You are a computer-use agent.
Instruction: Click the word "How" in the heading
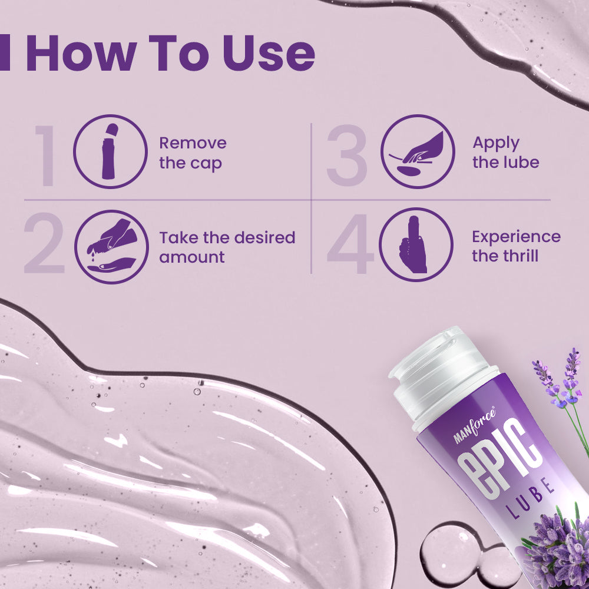pos(81,53)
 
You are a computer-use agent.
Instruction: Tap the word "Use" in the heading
pos(269,53)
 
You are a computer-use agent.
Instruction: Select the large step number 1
pos(46,155)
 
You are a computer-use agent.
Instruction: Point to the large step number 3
pos(346,155)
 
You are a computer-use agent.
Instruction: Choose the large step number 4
pos(350,244)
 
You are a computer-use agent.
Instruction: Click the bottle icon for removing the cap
pos(111,151)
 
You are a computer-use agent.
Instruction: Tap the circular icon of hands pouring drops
pos(111,247)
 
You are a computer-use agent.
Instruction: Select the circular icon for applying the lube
pos(418,151)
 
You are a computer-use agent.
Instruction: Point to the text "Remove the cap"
pos(193,153)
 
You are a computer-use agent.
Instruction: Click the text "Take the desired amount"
pos(227,247)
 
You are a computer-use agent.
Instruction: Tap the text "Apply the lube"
pos(505,153)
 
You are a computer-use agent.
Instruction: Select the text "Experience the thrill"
pos(516,246)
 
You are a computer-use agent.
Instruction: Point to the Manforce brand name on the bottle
pos(474,426)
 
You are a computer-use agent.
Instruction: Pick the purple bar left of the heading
pos(5,53)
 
